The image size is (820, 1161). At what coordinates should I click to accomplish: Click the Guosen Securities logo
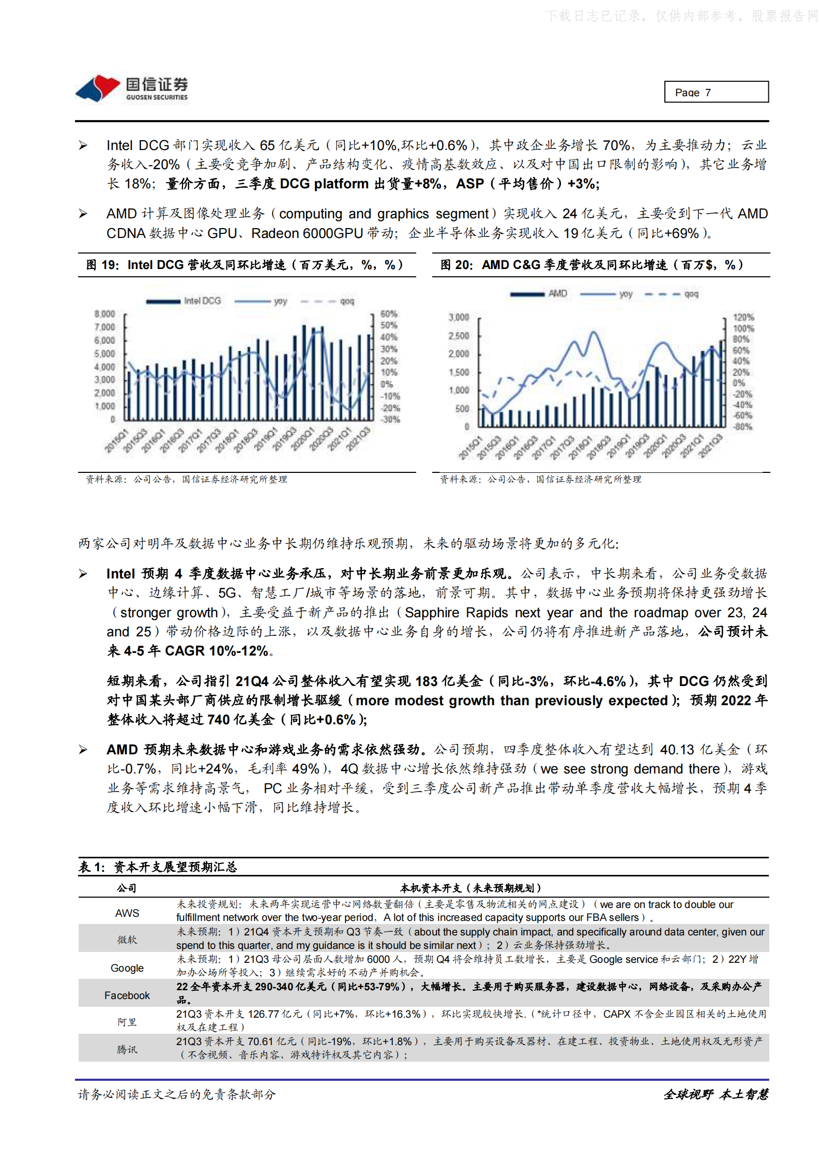click(131, 89)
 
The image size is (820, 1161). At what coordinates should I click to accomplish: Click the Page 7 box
click(716, 92)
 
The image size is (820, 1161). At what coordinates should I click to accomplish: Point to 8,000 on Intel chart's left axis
click(104, 314)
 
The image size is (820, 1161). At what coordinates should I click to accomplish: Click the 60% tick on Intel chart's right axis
click(389, 314)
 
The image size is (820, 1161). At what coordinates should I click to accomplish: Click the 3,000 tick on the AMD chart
click(459, 317)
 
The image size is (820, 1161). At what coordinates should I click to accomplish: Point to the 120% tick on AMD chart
click(743, 317)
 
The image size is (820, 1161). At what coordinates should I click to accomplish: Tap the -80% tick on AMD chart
click(743, 427)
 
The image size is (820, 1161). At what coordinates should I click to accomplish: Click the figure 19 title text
click(244, 265)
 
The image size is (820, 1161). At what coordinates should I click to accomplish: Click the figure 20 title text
click(591, 265)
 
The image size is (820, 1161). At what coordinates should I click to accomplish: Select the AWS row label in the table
click(127, 913)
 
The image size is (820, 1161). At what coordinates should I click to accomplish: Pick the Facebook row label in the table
click(127, 995)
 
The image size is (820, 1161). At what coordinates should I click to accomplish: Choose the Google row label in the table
click(127, 968)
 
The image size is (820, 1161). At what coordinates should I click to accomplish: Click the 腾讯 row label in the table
click(127, 1050)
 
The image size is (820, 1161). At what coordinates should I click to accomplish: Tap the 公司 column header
click(127, 888)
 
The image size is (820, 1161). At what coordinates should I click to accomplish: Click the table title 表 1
click(158, 867)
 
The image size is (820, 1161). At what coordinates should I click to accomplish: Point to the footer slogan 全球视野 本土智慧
click(716, 1094)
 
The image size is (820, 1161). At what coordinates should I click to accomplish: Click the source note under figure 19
click(186, 480)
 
